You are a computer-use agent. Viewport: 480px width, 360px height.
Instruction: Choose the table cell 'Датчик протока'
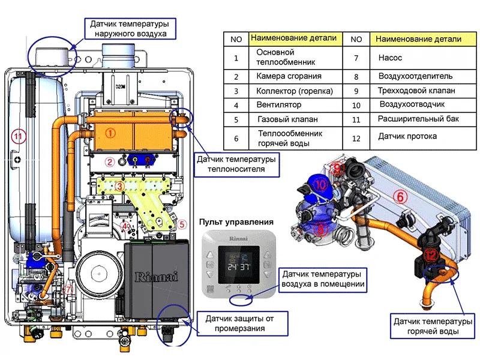pyautogui.click(x=407, y=136)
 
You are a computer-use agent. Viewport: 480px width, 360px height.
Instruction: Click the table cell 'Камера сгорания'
pyautogui.click(x=289, y=76)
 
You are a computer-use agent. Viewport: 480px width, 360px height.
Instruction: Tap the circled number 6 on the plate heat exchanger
pyautogui.click(x=400, y=195)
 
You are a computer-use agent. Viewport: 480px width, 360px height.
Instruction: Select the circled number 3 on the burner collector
pyautogui.click(x=119, y=187)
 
